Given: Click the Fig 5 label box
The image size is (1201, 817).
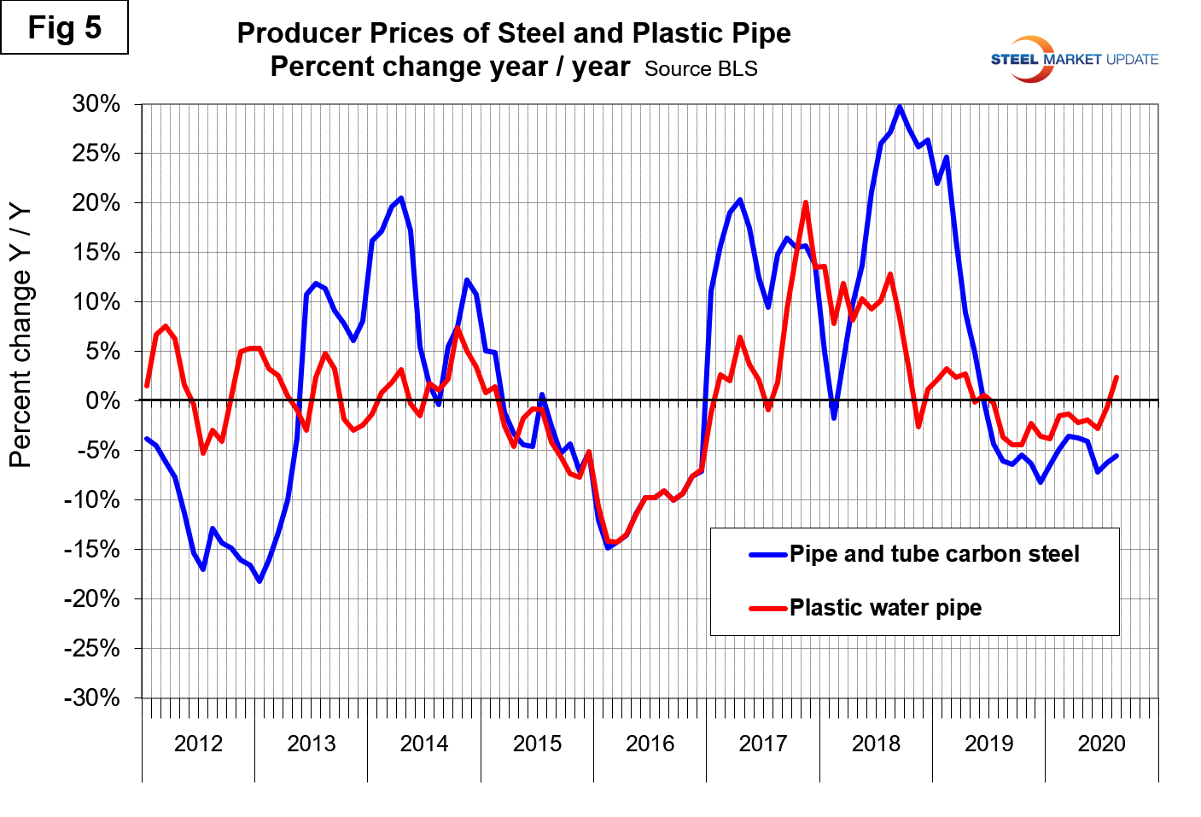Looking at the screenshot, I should coord(64,27).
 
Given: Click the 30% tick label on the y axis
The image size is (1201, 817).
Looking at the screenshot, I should coord(96,104).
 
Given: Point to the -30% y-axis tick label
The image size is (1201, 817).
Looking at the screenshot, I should coord(91,697).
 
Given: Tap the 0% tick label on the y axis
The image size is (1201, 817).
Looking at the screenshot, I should coord(102,400).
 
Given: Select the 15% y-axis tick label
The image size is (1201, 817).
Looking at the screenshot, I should coord(96,253).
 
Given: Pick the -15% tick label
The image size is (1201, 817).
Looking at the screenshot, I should coord(91,549).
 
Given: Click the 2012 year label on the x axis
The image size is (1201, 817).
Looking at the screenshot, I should coord(198,744).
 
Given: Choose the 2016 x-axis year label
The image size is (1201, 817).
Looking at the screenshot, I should coord(650,744).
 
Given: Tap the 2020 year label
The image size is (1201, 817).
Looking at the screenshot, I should coord(1101,744).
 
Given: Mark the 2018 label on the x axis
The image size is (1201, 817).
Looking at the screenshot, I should coord(876,744).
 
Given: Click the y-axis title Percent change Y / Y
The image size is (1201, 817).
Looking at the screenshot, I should coord(20,335).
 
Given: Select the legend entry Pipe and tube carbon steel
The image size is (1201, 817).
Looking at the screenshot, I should coord(934,554).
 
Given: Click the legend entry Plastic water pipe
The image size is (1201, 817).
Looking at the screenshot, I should coord(885,608).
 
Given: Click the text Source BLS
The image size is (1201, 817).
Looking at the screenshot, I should coord(701,69).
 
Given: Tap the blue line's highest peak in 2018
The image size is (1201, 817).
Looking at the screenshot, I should coord(899,107).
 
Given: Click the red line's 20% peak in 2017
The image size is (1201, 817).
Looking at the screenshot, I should coord(805,203).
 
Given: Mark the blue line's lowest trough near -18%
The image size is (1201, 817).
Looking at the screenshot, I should coord(259,581).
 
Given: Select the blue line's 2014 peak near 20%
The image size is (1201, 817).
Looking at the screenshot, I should coord(401,199).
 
